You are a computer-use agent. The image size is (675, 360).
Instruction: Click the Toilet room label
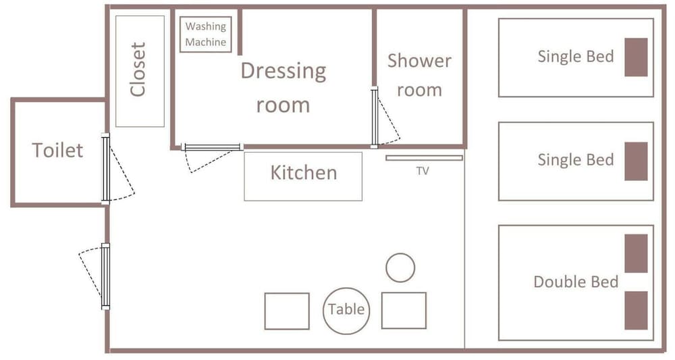[x=57, y=151]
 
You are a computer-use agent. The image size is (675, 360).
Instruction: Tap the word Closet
[x=138, y=70]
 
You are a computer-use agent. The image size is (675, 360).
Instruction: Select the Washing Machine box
[x=205, y=34]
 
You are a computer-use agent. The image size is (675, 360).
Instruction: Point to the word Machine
[x=206, y=42]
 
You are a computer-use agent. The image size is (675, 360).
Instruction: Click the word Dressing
[x=283, y=72]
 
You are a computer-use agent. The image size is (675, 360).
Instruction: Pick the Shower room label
[x=419, y=76]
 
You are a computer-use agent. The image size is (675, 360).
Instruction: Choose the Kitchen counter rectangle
[x=303, y=176]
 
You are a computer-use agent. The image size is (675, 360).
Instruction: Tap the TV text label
[x=423, y=171]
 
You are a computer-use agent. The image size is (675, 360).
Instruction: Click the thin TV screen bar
[x=424, y=158]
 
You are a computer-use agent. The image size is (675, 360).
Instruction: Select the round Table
[x=346, y=311]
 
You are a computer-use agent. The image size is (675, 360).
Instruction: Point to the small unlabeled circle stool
[x=400, y=267]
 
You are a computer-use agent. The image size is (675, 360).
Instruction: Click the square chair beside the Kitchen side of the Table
[x=287, y=311]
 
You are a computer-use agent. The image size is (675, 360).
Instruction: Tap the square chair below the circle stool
[x=404, y=311]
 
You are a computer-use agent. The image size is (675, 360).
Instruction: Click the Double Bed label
[x=576, y=282]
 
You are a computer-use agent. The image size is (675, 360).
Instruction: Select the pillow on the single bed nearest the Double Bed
[x=637, y=161]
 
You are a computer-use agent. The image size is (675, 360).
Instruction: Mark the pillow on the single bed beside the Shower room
[x=637, y=57]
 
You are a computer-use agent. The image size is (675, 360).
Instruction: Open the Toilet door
[x=105, y=168]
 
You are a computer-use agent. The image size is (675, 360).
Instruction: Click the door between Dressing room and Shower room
[x=374, y=117]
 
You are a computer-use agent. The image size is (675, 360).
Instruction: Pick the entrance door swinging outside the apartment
[x=105, y=276]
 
